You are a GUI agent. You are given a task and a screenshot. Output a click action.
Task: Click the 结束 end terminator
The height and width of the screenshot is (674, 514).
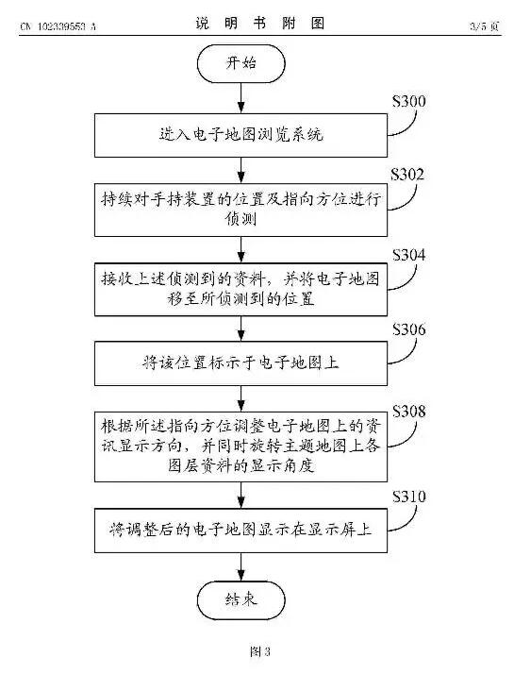pos(241,597)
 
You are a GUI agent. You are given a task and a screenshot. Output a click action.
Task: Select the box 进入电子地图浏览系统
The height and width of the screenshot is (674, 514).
pos(241,133)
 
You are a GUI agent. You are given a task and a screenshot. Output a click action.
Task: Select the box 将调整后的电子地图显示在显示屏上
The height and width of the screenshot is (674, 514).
pos(241,530)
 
